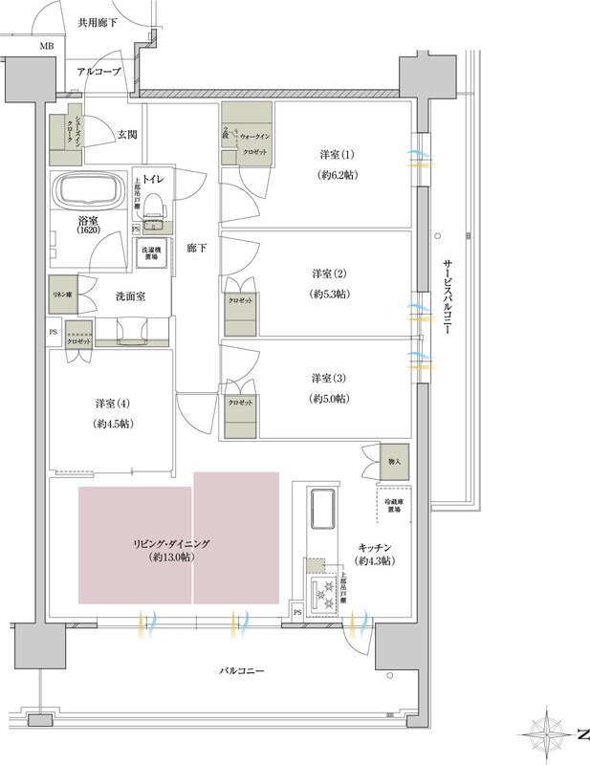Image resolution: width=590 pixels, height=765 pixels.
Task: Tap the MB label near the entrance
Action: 47,45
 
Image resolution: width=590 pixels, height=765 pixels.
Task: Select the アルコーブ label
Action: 99,72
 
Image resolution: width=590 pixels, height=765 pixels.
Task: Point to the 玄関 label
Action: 126,134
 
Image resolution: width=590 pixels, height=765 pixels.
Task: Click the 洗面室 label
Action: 130,296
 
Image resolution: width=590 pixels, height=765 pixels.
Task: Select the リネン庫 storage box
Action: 63,295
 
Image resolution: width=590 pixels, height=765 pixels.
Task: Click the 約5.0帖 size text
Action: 328,398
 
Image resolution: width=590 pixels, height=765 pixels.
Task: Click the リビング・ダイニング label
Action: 172,542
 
